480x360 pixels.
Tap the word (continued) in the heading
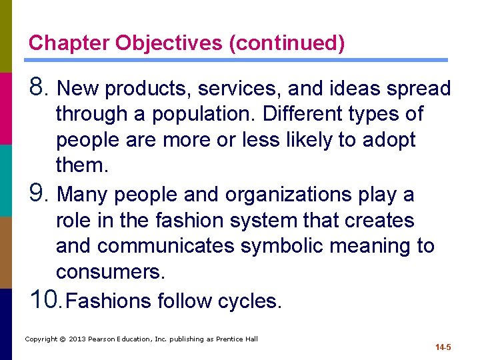click(x=287, y=43)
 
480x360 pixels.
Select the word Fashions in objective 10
click(x=109, y=301)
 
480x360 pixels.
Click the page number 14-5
click(x=443, y=347)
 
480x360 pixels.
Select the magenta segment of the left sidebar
click(x=5, y=108)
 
